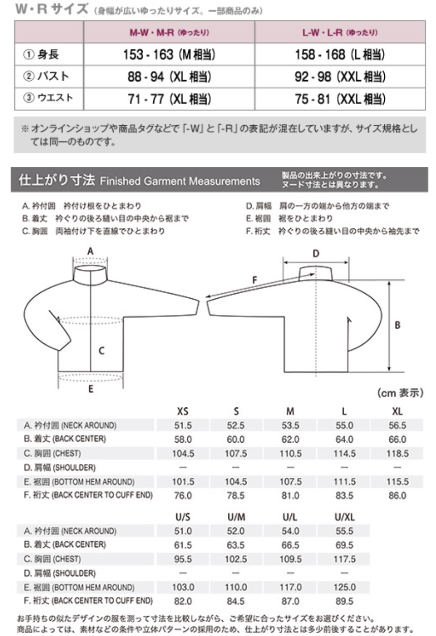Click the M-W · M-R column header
(x=169, y=32)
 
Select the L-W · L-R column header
(x=340, y=32)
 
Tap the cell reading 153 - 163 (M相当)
(x=169, y=55)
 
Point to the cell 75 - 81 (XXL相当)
(x=340, y=99)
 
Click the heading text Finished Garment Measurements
(x=180, y=181)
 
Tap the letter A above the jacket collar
(x=90, y=251)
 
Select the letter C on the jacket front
(x=102, y=350)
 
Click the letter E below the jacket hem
(x=91, y=390)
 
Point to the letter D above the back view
(x=316, y=254)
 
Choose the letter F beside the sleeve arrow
(x=255, y=279)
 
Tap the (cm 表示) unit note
(x=400, y=394)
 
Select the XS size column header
(x=183, y=411)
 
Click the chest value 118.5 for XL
(x=397, y=453)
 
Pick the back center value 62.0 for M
(x=290, y=439)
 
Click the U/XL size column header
(x=345, y=517)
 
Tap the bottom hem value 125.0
(x=345, y=587)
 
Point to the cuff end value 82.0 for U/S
(x=183, y=602)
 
